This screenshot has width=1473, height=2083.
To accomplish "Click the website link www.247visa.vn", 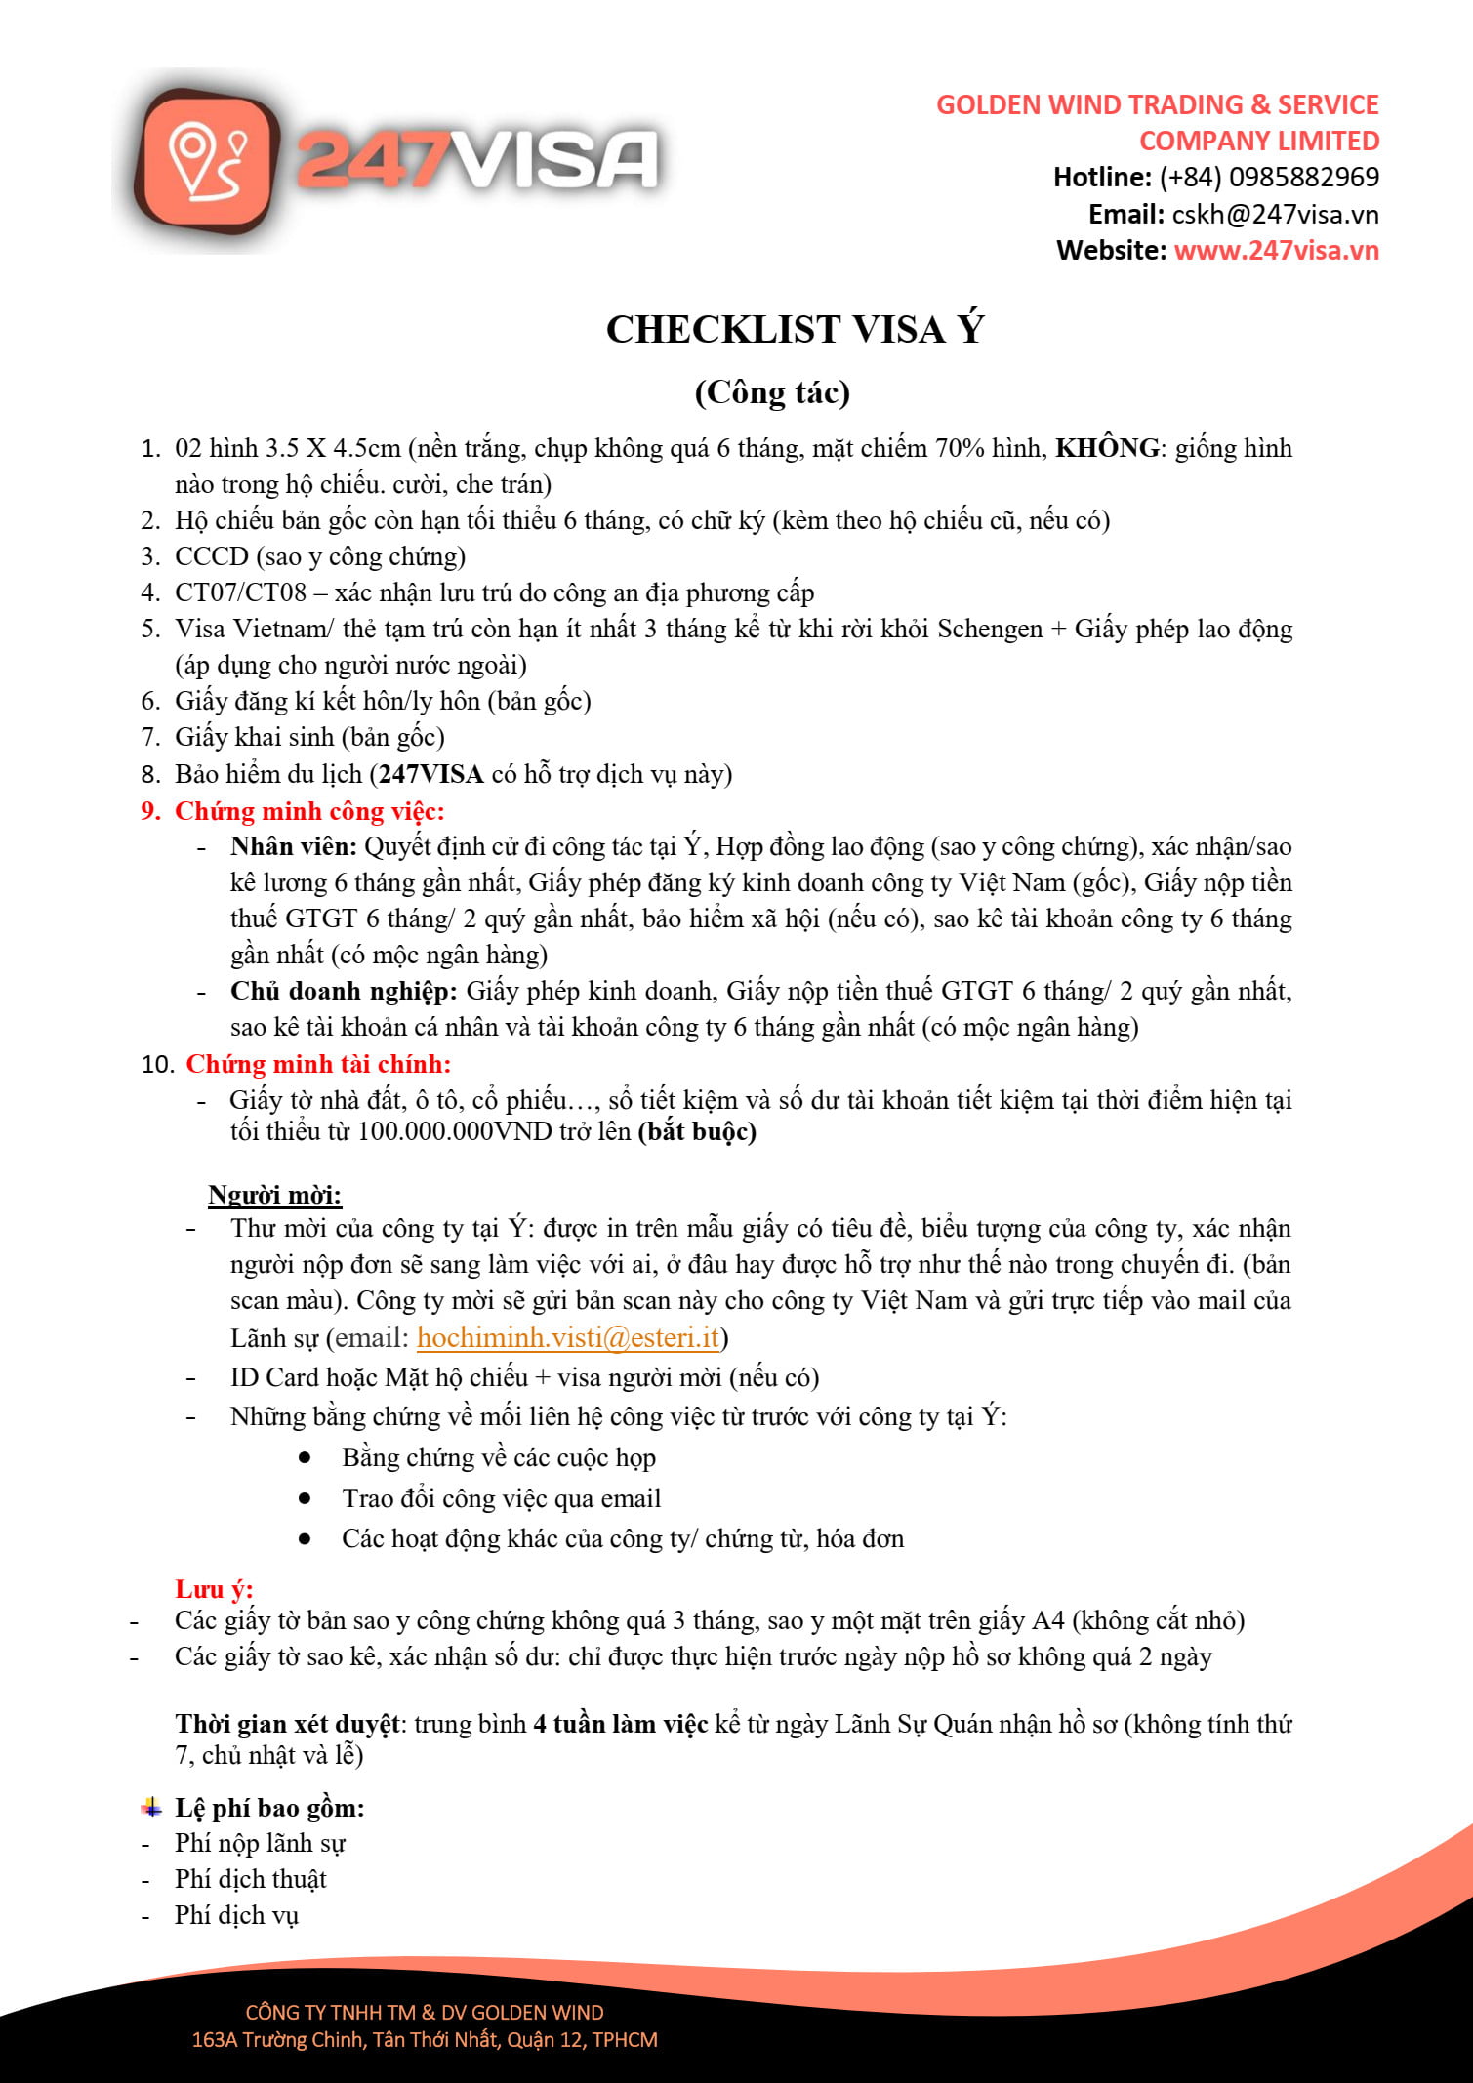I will [1276, 251].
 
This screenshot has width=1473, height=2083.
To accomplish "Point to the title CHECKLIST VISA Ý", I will [795, 330].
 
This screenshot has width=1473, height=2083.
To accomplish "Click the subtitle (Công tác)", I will [772, 392].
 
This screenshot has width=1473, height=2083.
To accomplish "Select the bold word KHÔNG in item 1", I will [1108, 448].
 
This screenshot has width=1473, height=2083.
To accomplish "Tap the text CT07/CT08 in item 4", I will [240, 593].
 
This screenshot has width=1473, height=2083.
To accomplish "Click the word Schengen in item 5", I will [990, 630].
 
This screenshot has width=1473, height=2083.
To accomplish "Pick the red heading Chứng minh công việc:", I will [309, 811].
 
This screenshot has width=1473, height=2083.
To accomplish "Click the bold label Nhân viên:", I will [294, 847].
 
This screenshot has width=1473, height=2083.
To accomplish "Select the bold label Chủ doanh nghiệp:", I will [344, 992].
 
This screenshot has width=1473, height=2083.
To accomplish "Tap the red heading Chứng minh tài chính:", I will [318, 1064].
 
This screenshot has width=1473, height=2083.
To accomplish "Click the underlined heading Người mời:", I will [274, 1196].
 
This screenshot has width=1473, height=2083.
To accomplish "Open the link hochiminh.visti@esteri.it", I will [568, 1338].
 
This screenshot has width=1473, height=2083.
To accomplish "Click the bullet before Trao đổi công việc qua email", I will [306, 1498].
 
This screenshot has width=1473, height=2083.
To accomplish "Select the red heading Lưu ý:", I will [214, 1590].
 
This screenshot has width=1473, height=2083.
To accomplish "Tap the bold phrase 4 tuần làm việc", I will [620, 1725].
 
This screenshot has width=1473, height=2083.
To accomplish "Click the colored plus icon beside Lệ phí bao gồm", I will [151, 1807].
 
